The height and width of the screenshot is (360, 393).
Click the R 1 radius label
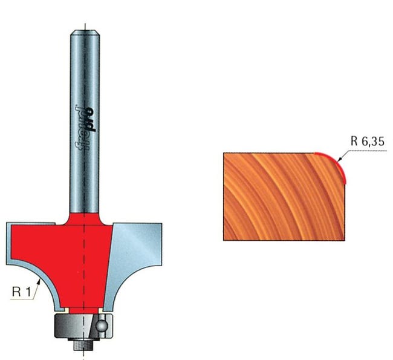(x=21, y=291)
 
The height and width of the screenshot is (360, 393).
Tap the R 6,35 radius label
(x=366, y=144)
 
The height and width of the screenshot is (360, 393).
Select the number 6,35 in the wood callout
(x=371, y=144)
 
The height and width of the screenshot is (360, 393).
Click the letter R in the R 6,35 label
(x=354, y=144)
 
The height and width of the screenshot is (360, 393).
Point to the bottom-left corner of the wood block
(x=224, y=240)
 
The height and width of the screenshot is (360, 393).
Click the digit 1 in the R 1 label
(x=27, y=291)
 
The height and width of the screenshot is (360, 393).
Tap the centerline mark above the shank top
(x=85, y=25)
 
